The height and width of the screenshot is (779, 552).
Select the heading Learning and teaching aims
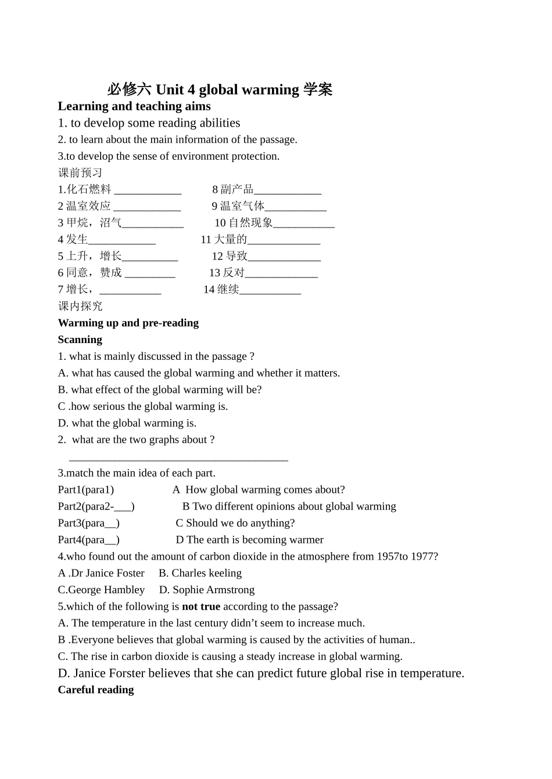click(x=134, y=106)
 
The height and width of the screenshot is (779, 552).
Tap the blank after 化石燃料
click(x=148, y=190)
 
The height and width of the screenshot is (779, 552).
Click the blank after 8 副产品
click(x=288, y=190)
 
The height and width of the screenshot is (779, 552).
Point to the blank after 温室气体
click(x=296, y=207)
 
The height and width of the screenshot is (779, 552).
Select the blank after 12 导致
click(x=284, y=257)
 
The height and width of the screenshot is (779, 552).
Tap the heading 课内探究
click(x=80, y=306)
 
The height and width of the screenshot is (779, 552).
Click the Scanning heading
click(x=80, y=340)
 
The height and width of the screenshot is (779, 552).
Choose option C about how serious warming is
click(x=143, y=406)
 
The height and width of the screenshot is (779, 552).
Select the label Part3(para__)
click(x=89, y=523)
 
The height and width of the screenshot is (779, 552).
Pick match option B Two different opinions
click(x=289, y=506)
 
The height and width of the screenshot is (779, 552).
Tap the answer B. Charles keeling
click(x=200, y=573)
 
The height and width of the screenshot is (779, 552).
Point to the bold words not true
click(x=201, y=607)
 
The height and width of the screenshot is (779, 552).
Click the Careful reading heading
click(x=96, y=690)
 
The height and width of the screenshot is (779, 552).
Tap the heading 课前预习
click(x=80, y=172)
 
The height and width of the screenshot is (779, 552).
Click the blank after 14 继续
click(x=270, y=290)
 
